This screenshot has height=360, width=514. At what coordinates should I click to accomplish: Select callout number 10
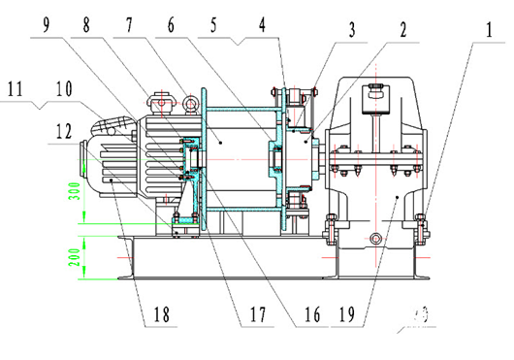click(65, 88)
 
